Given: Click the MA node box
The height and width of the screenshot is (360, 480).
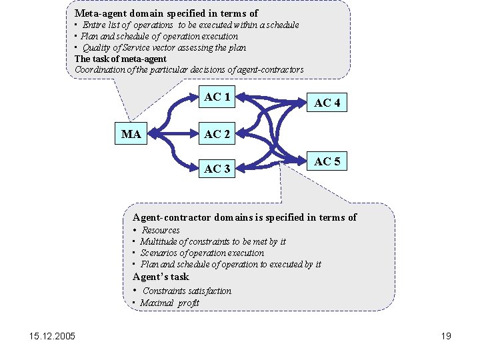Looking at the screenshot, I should [x=131, y=135].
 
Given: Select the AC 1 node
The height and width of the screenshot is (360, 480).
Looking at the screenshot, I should [x=217, y=97].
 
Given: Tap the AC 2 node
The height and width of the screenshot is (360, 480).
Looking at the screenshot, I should [x=217, y=135].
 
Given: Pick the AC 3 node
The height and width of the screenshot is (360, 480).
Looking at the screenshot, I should [x=217, y=169].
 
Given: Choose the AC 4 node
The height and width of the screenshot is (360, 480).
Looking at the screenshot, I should [x=327, y=103].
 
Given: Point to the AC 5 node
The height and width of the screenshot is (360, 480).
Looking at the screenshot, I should [x=327, y=161].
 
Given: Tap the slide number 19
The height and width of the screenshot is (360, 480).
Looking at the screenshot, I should [x=446, y=336].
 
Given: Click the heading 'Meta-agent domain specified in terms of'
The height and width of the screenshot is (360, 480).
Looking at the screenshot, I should [x=166, y=13].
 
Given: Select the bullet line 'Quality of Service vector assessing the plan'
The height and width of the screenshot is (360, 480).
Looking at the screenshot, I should [x=164, y=47].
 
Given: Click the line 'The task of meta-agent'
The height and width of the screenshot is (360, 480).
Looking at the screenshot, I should [x=121, y=59].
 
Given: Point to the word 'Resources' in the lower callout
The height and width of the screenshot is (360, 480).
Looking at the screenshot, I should [x=161, y=230].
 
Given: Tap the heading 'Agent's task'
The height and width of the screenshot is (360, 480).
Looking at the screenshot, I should [x=161, y=277].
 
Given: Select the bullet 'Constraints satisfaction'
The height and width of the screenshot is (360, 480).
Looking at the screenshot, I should [x=187, y=291].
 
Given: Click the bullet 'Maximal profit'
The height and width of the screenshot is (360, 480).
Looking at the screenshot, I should [x=169, y=303].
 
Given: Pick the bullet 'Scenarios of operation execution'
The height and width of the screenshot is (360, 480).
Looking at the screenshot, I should [x=202, y=253].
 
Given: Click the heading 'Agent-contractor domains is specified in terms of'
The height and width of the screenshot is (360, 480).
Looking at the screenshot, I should [x=245, y=217].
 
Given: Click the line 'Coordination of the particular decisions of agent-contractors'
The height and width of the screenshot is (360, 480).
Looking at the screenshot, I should [x=189, y=69].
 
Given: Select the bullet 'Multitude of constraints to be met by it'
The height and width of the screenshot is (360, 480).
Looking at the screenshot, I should [x=213, y=241].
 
